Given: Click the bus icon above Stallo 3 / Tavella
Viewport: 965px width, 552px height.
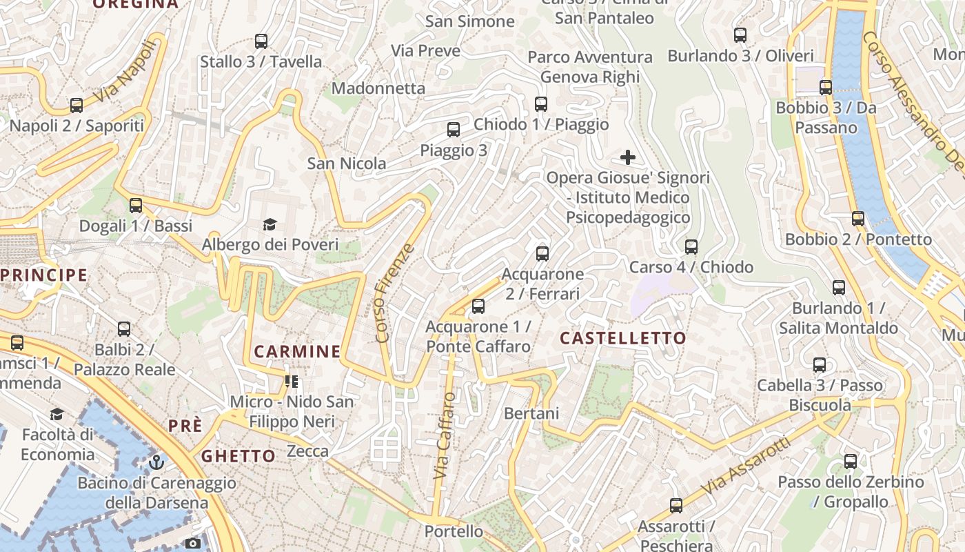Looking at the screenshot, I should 261,41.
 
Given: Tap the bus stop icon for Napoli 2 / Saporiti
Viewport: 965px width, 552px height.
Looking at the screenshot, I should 77,106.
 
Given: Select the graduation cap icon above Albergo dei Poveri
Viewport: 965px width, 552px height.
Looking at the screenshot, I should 270,224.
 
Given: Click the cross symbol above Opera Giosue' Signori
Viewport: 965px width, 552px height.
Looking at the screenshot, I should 628,157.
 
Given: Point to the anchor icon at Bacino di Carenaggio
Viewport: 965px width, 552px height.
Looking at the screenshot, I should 156,462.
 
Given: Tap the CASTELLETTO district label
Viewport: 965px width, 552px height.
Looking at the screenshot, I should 622,338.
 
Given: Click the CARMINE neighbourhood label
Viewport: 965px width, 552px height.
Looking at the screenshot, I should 297,351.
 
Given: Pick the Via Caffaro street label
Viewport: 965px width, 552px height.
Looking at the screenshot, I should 445,435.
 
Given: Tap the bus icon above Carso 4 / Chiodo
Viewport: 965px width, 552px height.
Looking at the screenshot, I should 691,246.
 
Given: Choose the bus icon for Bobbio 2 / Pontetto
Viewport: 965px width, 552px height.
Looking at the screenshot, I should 858,219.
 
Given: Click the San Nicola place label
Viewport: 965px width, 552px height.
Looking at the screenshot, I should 347,164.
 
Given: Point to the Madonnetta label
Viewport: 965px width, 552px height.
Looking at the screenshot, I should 378,88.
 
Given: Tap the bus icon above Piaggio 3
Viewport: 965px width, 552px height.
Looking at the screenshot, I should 454,130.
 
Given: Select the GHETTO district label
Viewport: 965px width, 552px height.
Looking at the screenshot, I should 238,456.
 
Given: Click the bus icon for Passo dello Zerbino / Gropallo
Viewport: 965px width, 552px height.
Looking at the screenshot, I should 851,462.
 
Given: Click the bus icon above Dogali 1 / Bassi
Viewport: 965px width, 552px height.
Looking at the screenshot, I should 136,205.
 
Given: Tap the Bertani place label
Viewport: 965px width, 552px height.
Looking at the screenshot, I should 531,413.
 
